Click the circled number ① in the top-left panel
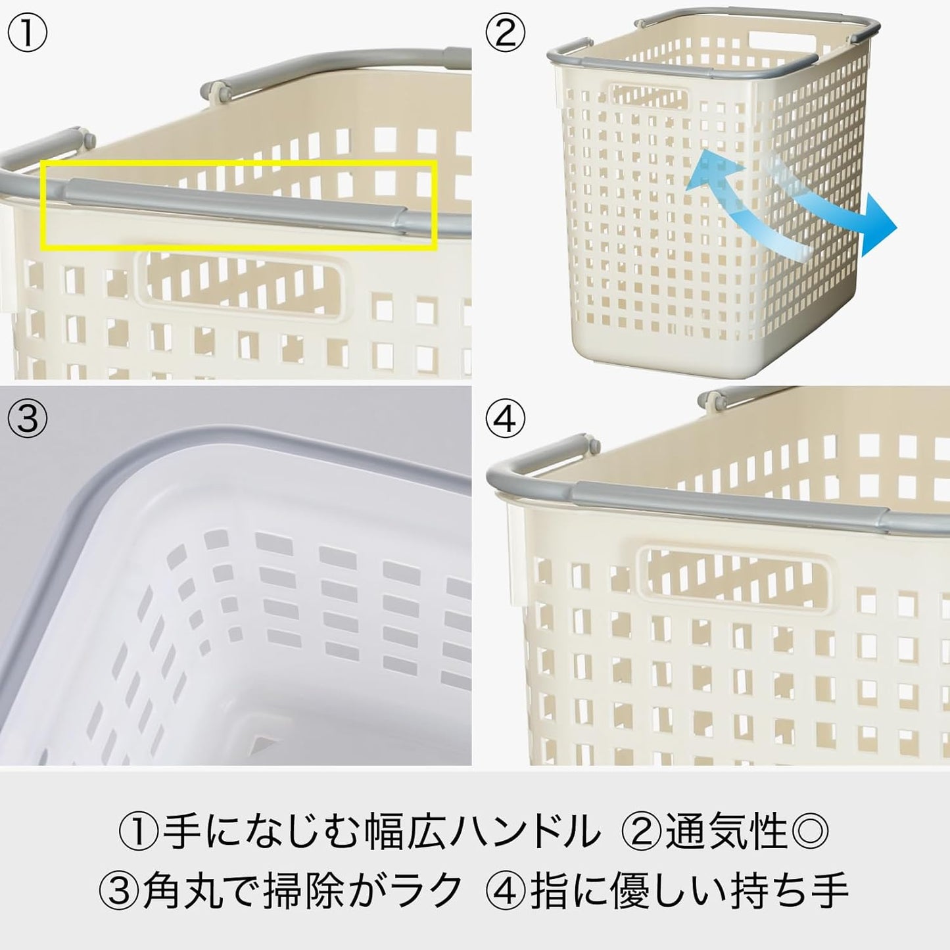pyautogui.click(x=27, y=34)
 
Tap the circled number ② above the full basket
pyautogui.click(x=505, y=34)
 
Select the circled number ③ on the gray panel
pyautogui.click(x=27, y=418)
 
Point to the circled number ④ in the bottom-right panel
pyautogui.click(x=505, y=418)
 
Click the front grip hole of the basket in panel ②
pyautogui.click(x=650, y=97)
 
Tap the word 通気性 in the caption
pyautogui.click(x=726, y=831)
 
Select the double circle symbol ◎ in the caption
pyautogui.click(x=810, y=831)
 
